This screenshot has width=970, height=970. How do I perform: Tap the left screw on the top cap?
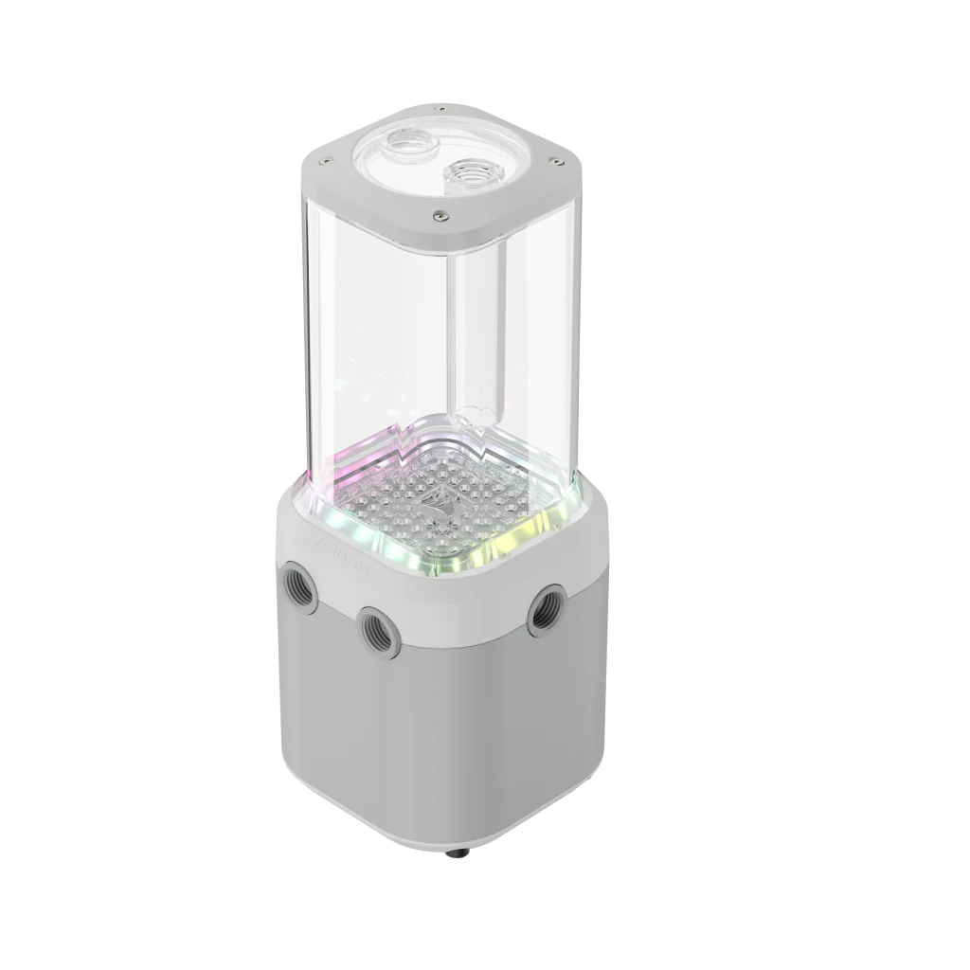(x=325, y=160)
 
